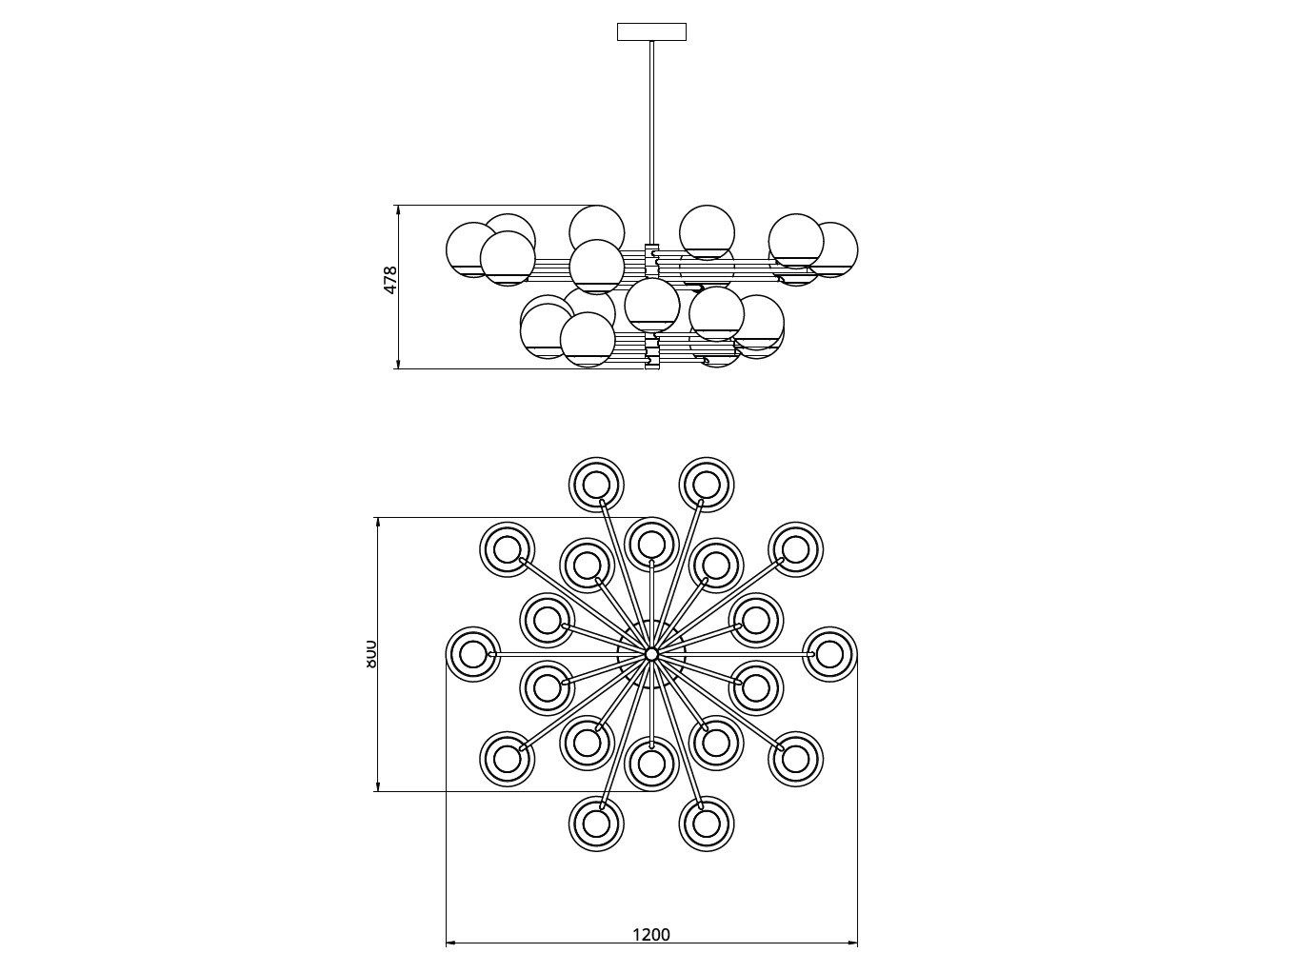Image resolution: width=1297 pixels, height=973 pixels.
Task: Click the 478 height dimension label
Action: click(390, 281)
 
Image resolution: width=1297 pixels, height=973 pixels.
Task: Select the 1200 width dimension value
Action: click(651, 934)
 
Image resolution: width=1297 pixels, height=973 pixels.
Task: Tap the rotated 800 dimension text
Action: click(370, 653)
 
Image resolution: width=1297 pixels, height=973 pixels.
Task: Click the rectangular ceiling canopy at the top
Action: click(651, 31)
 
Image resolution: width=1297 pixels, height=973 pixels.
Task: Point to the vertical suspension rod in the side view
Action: click(651, 143)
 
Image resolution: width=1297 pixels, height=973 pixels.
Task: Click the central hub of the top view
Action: click(651, 654)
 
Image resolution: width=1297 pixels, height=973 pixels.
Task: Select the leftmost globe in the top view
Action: click(473, 654)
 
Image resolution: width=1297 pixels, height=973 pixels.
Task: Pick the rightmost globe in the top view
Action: click(829, 654)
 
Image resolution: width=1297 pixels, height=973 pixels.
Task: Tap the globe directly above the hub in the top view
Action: click(651, 544)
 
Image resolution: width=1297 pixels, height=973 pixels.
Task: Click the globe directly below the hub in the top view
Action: click(651, 764)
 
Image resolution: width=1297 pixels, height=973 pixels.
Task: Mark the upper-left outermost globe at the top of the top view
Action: click(596, 484)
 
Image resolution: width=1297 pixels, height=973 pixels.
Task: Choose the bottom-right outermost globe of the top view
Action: click(706, 824)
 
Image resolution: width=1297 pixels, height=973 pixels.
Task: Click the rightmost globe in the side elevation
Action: click(831, 249)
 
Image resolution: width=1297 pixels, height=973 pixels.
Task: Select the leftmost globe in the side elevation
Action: click(472, 249)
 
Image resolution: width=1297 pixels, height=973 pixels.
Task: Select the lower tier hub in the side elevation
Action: click(652, 350)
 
